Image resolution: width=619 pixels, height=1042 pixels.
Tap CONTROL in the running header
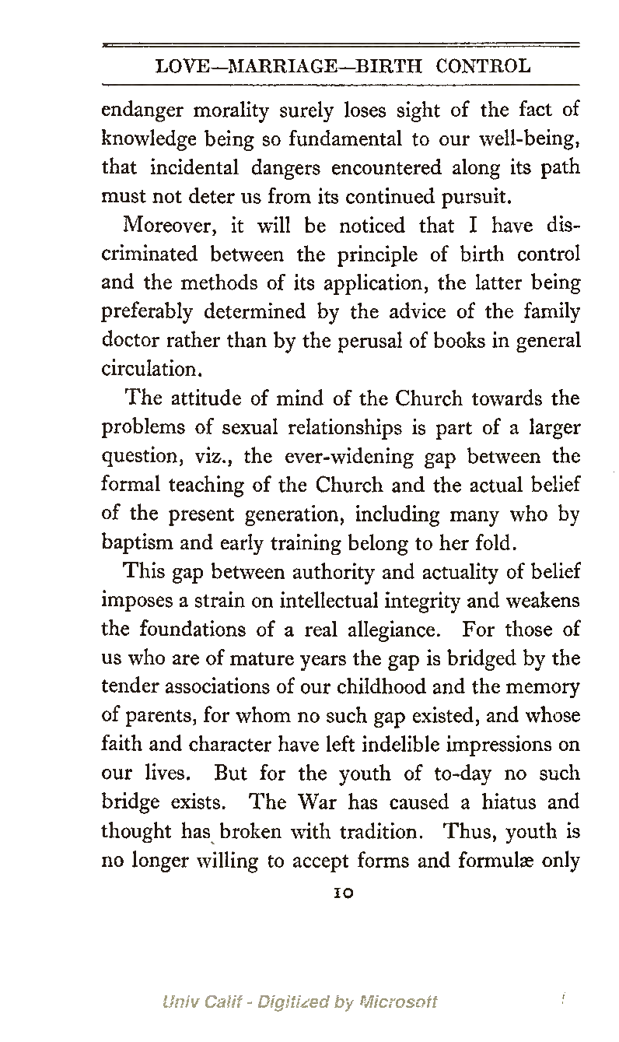(x=484, y=66)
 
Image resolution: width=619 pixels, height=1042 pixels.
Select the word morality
(x=223, y=111)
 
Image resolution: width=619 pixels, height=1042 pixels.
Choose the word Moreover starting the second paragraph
(x=165, y=226)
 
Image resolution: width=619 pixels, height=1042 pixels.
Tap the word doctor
(x=129, y=341)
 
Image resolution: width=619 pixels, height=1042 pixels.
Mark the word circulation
(x=149, y=370)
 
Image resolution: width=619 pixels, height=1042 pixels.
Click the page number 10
(x=341, y=893)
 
